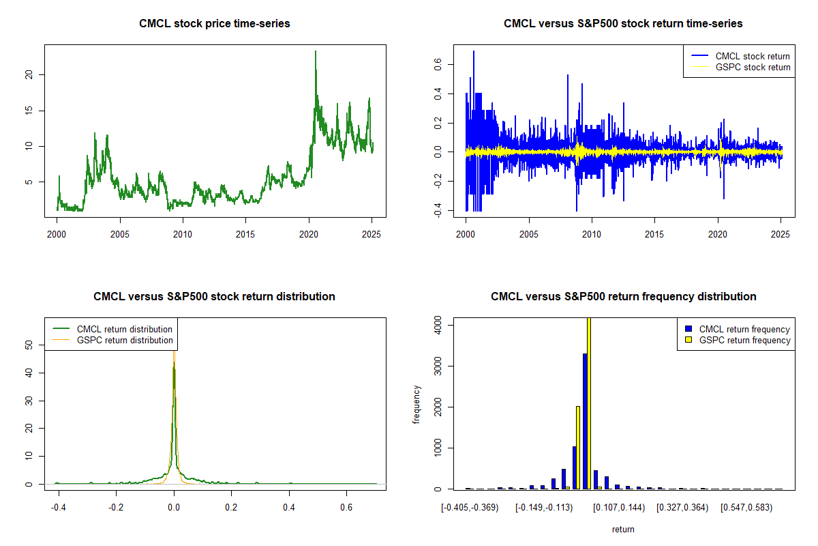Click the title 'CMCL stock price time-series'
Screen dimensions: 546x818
215,24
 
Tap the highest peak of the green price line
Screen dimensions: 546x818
316,52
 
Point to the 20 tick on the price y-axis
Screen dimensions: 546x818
29,74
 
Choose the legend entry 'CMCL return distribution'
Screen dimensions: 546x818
125,329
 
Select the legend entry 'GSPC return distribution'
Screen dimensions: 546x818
125,340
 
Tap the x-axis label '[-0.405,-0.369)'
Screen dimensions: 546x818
470,508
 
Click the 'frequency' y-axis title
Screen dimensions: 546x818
417,404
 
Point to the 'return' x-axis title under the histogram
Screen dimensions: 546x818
623,530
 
